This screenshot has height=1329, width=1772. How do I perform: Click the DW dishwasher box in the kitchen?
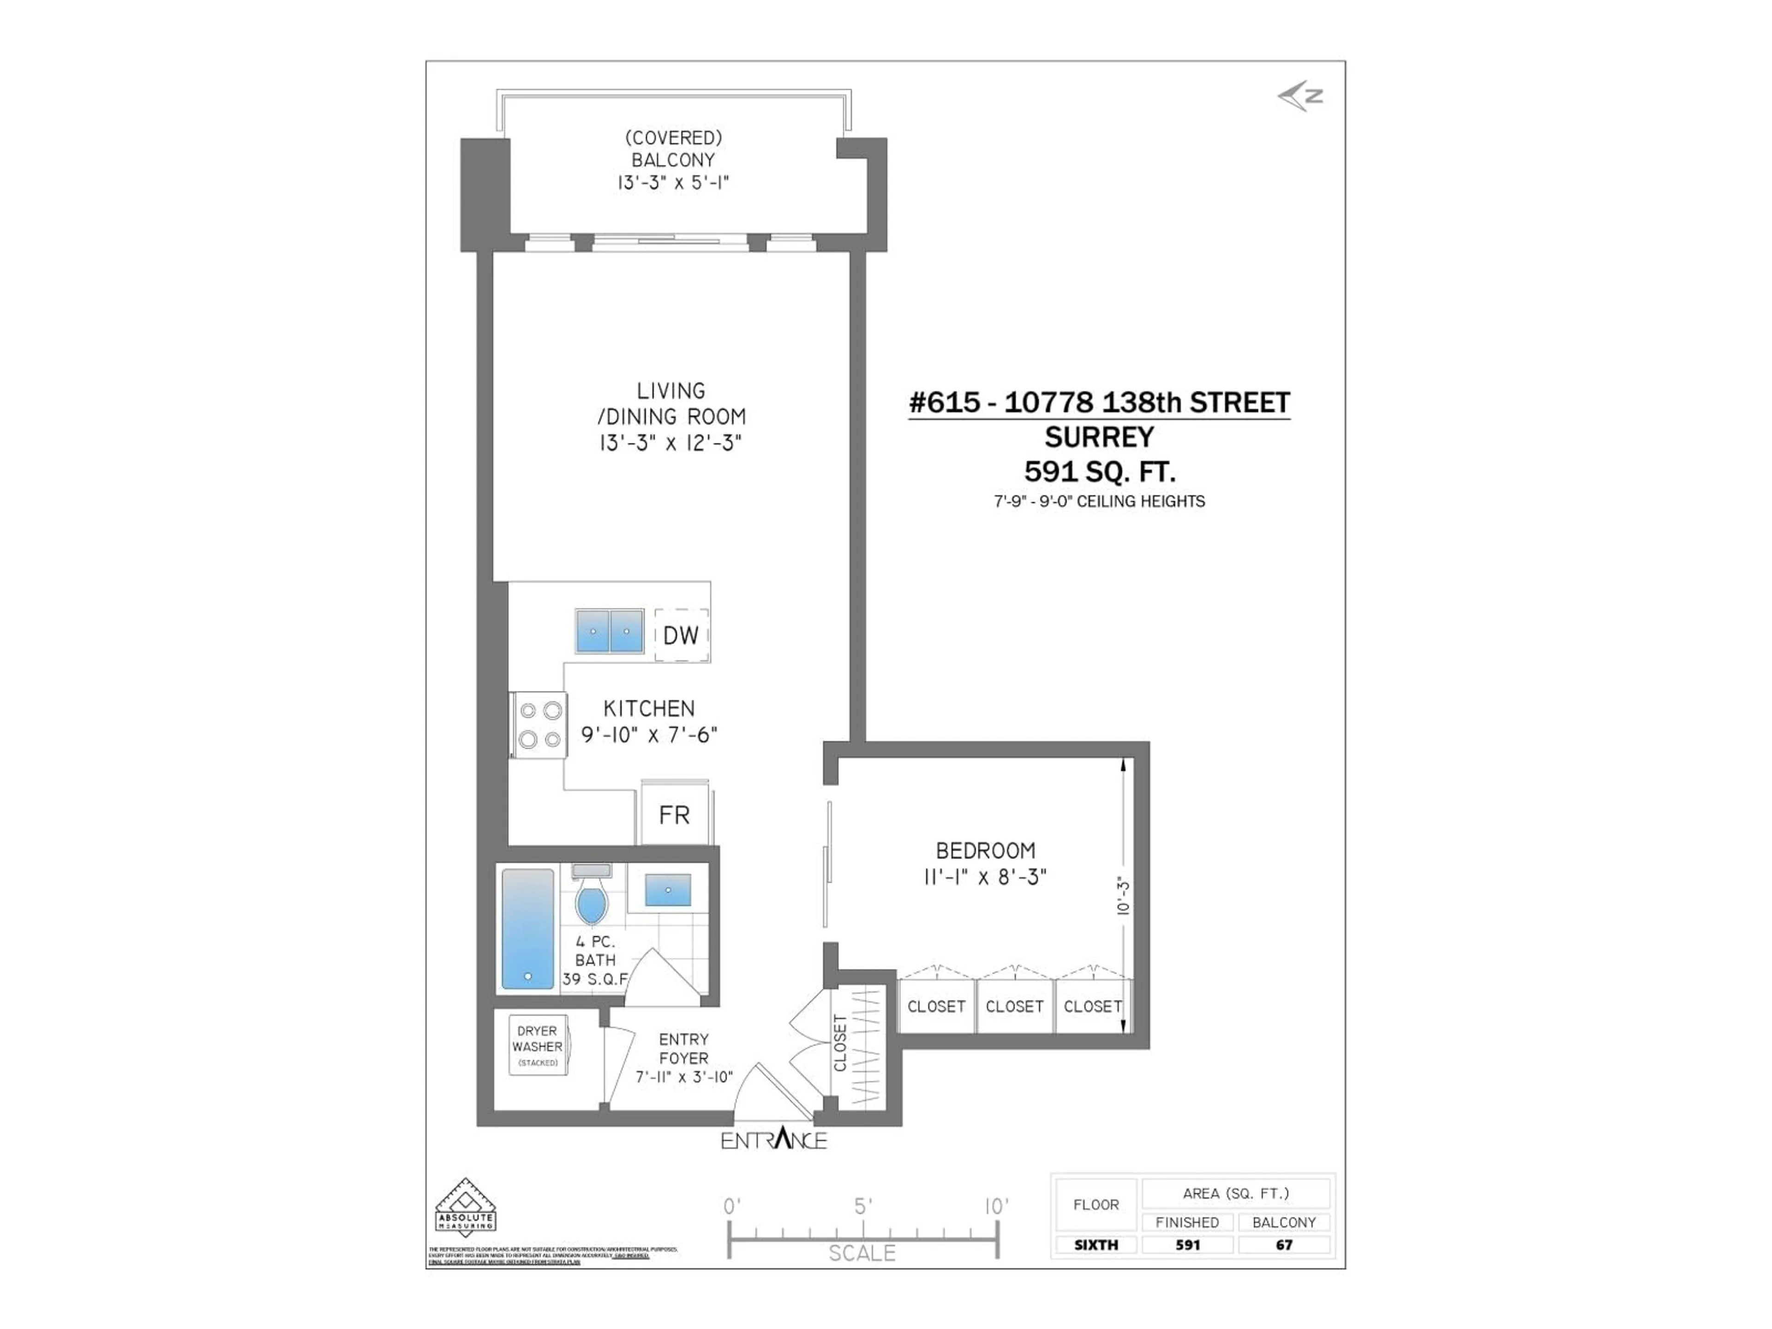pyautogui.click(x=681, y=635)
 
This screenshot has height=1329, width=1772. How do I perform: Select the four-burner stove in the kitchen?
pyautogui.click(x=539, y=725)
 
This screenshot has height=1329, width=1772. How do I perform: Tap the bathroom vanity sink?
pyautogui.click(x=667, y=890)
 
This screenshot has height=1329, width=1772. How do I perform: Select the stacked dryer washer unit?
pyautogui.click(x=538, y=1045)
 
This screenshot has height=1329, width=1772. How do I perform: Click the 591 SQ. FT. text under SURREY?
pyautogui.click(x=1099, y=472)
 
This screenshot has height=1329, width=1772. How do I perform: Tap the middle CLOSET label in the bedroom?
pyautogui.click(x=1014, y=1006)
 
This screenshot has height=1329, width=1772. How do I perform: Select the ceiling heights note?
pyautogui.click(x=1099, y=502)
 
